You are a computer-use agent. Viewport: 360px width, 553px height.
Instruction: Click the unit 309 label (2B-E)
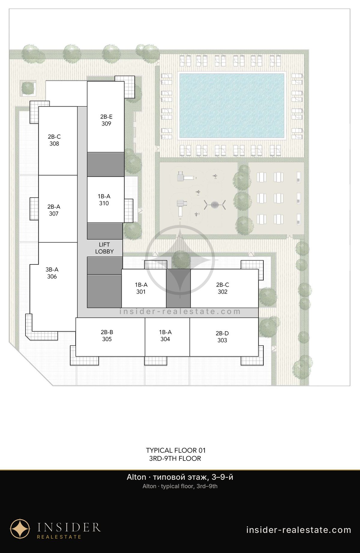coord(106,120)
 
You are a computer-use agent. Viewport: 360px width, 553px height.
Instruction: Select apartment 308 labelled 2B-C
coord(54,140)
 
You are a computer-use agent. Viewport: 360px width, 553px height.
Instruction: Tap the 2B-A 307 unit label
coord(54,210)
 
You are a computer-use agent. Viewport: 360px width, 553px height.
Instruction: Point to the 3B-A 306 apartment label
coord(52,273)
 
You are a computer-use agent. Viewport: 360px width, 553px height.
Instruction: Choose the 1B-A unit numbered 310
coord(104,200)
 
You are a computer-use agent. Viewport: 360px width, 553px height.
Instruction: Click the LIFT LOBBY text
coord(104,248)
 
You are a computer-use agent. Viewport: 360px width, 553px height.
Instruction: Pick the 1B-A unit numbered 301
coord(141,288)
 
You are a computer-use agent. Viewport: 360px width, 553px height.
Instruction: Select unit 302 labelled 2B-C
coord(223,288)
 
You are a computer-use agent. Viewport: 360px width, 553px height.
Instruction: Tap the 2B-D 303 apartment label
coord(222,337)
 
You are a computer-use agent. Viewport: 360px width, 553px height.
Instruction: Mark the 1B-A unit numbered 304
coord(165,336)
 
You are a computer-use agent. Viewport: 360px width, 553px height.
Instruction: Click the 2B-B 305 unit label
coord(107,336)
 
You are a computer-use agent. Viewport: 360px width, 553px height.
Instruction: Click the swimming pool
coord(231,106)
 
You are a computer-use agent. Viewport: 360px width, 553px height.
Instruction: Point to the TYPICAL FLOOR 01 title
coord(176,450)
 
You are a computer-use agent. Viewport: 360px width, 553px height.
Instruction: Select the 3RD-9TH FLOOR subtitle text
coord(175,458)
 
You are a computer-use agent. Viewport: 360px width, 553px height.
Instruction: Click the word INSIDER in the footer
coord(69,527)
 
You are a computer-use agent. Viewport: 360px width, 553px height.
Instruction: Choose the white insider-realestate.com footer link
coord(298,530)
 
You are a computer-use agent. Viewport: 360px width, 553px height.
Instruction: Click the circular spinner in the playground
coord(215,205)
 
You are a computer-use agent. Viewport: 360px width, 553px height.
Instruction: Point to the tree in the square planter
coord(28,88)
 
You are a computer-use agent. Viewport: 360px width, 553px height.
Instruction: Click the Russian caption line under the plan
coord(180,477)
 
